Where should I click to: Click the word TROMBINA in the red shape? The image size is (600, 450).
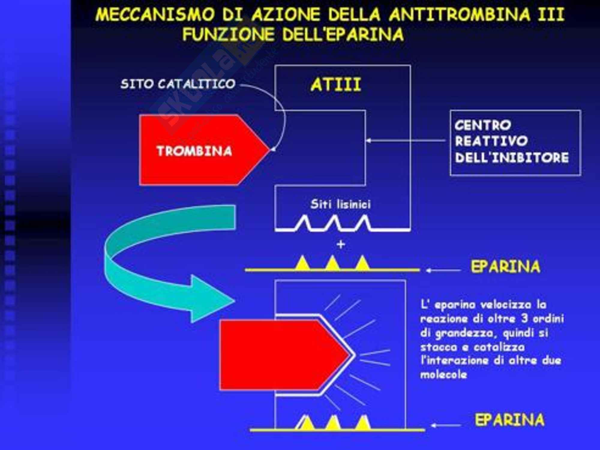[194, 151]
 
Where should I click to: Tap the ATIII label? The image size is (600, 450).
[336, 85]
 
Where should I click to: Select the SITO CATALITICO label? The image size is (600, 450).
[178, 84]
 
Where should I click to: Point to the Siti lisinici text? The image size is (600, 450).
[340, 204]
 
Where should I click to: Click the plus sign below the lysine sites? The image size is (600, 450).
[341, 244]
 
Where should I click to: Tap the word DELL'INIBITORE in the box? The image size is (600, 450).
[512, 157]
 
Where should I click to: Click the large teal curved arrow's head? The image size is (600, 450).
[210, 300]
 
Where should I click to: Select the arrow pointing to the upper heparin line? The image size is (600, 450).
[443, 270]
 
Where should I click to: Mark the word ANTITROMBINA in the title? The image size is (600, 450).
[460, 14]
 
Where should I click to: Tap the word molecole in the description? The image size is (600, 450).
[444, 374]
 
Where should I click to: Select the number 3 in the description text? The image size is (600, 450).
[524, 318]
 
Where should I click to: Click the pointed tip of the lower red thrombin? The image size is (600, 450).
[349, 355]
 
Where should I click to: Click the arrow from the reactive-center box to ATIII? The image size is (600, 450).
[405, 140]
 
